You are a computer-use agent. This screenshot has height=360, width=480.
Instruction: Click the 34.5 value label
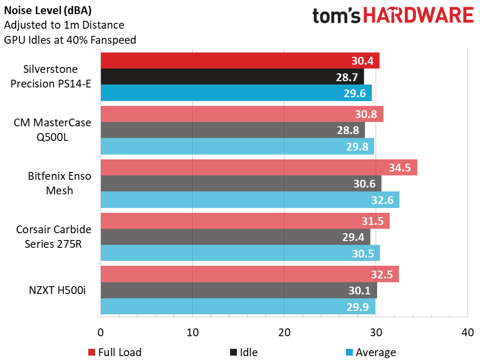[x=400, y=168]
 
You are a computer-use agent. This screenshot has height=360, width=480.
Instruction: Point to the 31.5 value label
[x=373, y=221]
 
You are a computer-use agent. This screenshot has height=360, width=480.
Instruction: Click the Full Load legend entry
[x=115, y=352]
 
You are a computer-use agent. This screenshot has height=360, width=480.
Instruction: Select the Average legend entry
[x=371, y=352]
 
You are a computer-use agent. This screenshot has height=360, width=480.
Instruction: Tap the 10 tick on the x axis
[x=193, y=333]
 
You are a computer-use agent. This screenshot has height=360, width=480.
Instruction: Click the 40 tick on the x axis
[x=467, y=333]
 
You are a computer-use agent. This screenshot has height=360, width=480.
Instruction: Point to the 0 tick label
[x=100, y=333]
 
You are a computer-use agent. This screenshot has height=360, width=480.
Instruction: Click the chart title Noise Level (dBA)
[x=48, y=10]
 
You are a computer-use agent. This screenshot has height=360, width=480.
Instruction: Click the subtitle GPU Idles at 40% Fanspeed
[x=70, y=40]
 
